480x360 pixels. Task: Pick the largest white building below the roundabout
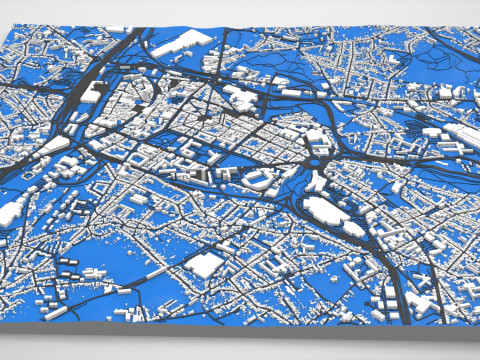tap(327, 210)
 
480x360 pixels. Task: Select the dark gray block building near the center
tap(196, 175)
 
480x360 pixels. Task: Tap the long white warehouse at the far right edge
tap(459, 134)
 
